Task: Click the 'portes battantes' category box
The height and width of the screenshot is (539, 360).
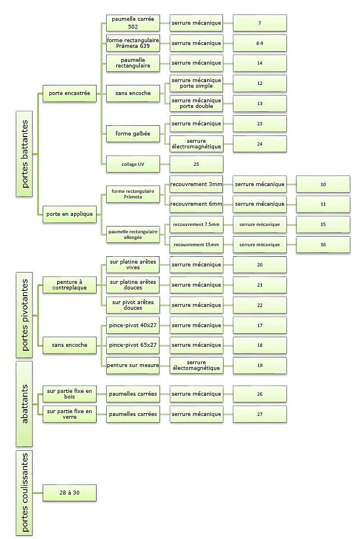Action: point(23,153)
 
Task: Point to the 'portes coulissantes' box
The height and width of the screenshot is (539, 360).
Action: point(23,493)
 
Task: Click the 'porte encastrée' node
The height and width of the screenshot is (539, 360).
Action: point(69,93)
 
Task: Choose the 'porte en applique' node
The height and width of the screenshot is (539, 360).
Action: point(69,214)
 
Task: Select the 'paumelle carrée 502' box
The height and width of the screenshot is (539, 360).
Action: point(133,23)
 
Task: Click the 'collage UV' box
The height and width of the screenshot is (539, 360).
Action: point(133,164)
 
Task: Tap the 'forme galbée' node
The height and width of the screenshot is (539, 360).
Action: point(133,133)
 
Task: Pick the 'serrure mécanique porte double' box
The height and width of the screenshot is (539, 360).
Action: point(196,103)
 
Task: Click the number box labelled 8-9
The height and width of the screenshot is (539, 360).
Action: point(259,43)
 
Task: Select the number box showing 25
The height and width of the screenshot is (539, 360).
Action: point(196,164)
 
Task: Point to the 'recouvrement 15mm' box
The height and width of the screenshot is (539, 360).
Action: point(196,244)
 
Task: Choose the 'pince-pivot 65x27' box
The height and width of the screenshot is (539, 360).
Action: point(133,345)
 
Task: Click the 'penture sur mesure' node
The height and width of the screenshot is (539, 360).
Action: point(133,365)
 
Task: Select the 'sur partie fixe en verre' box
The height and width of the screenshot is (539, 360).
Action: point(69,414)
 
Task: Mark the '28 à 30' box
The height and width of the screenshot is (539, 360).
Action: point(69,493)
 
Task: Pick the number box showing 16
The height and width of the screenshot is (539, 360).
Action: point(323,244)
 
